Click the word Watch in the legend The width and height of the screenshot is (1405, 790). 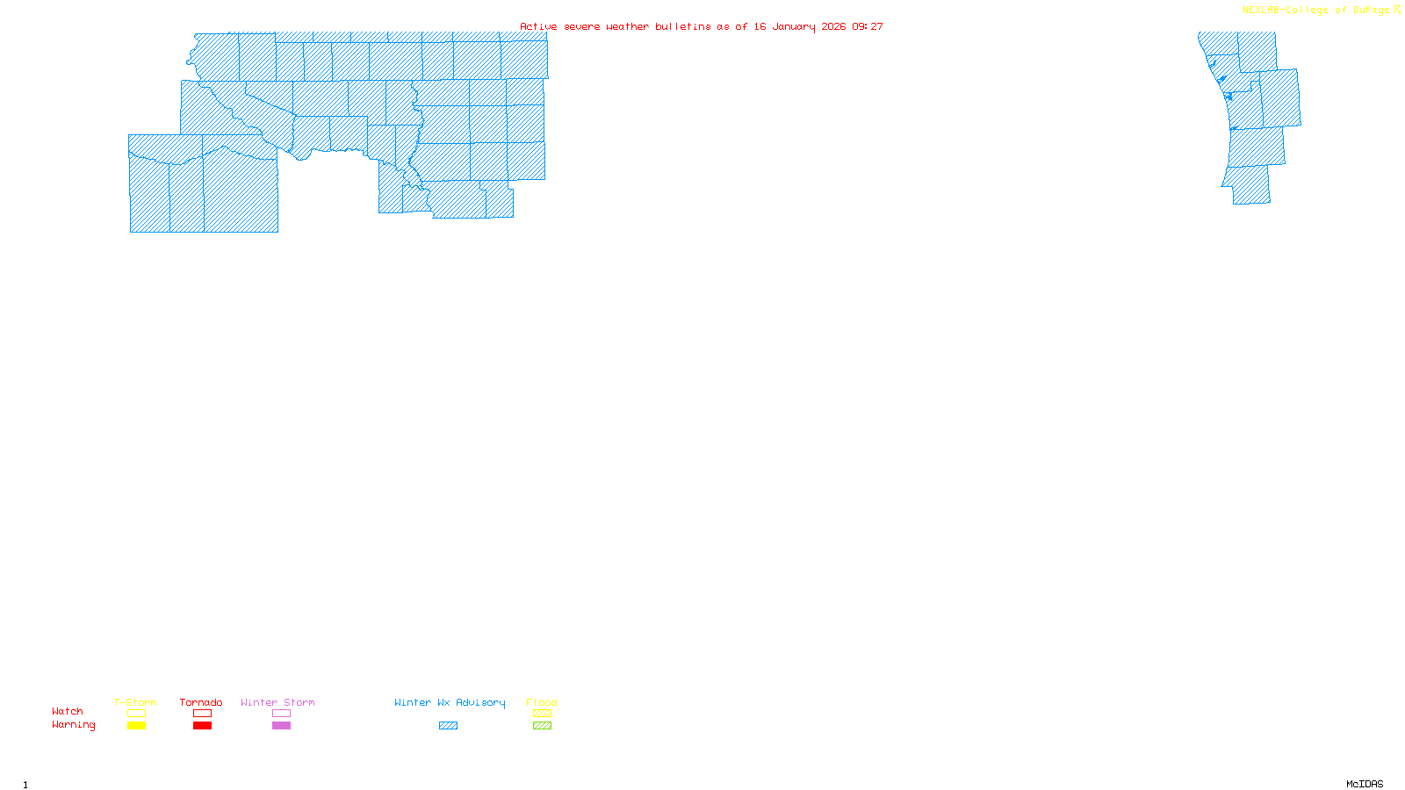click(68, 711)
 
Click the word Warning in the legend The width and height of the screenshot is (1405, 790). click(74, 725)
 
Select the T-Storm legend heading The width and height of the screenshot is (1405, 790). click(135, 702)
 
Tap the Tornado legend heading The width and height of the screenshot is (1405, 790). click(201, 702)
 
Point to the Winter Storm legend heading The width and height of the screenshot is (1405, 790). click(277, 702)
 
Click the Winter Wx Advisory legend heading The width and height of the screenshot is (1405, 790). click(450, 702)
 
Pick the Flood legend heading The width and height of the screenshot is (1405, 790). click(542, 702)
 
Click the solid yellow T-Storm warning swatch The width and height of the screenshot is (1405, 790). click(136, 726)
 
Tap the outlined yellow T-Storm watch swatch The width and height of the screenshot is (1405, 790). click(136, 714)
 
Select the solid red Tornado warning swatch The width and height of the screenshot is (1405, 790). click(202, 726)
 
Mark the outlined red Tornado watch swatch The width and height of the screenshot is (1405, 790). click(202, 714)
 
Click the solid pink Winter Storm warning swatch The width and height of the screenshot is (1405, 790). click(281, 726)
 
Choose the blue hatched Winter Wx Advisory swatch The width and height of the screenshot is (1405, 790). click(448, 726)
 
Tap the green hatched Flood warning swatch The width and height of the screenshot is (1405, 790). click(542, 726)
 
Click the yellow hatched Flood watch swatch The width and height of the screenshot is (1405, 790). click(542, 714)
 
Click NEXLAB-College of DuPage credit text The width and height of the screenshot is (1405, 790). click(1316, 11)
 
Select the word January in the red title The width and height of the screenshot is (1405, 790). click(794, 26)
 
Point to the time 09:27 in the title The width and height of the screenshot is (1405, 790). click(868, 26)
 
